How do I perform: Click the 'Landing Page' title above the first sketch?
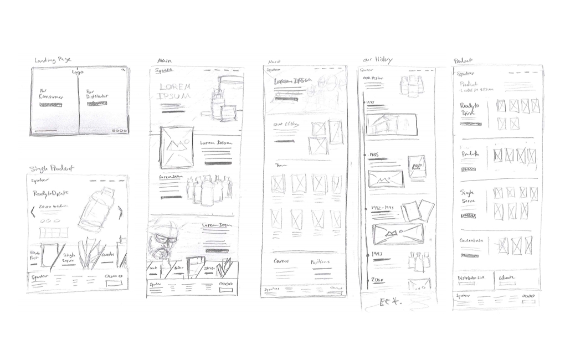point(53,60)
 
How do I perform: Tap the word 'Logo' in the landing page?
point(78,71)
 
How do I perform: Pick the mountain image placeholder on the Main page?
point(177,147)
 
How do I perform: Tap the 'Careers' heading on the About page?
point(283,261)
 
